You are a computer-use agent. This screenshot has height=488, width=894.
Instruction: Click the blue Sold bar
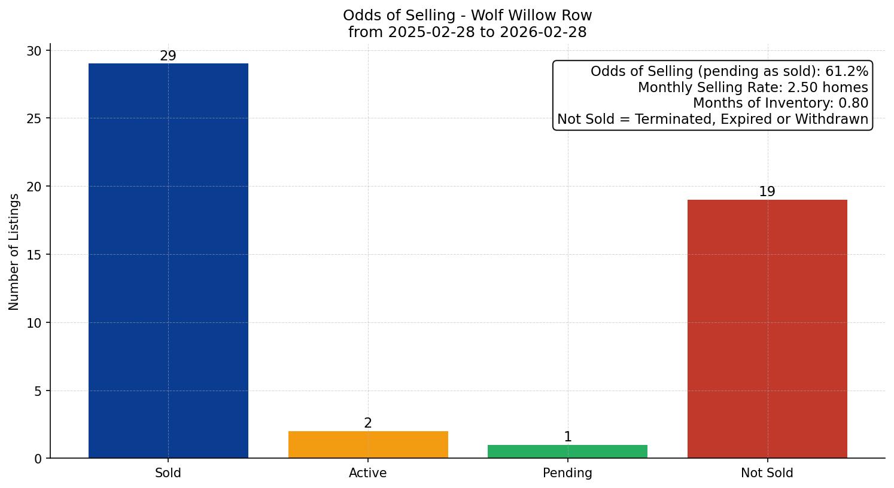tap(168, 260)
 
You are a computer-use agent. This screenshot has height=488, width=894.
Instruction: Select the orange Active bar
tap(368, 444)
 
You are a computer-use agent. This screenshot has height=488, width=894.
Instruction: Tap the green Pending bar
tap(567, 452)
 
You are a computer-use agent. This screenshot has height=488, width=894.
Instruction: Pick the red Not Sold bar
tap(767, 328)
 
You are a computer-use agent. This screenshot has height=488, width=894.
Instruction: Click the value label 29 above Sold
tap(168, 56)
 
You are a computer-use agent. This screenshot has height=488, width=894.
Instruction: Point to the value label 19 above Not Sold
tap(767, 192)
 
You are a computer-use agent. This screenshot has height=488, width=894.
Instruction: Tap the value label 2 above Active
tap(368, 423)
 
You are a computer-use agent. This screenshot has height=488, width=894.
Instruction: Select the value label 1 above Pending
tap(567, 437)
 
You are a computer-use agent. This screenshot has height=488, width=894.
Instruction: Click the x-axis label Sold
tap(168, 473)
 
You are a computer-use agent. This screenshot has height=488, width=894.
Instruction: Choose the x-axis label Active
tap(368, 473)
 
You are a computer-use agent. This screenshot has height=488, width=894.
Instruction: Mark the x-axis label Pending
tap(567, 473)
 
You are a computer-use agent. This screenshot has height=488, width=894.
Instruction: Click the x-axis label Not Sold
tap(767, 473)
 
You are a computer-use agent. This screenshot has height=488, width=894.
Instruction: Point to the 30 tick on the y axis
tap(34, 51)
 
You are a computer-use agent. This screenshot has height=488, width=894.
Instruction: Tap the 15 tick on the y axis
tap(34, 255)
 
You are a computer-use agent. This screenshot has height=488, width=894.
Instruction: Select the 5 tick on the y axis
tap(38, 391)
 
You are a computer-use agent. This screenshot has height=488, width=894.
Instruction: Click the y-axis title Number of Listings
tap(14, 252)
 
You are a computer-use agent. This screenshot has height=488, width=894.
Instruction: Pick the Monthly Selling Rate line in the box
tap(753, 88)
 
